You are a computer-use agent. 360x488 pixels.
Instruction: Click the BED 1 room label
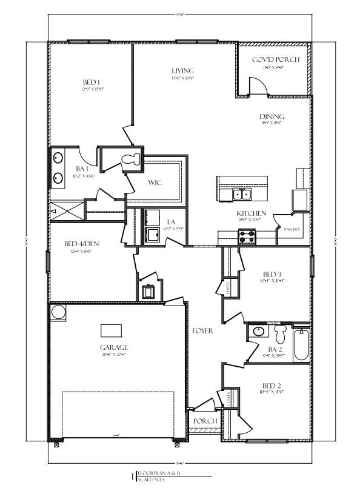click(91, 82)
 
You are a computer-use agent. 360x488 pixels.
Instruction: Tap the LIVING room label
click(182, 71)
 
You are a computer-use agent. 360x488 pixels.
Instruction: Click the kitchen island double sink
click(242, 194)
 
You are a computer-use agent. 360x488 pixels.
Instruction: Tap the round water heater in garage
click(58, 313)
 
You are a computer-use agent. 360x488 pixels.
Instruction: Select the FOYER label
click(202, 331)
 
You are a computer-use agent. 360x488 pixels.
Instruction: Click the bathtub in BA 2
click(301, 346)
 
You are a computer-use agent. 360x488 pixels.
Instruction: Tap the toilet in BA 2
click(280, 334)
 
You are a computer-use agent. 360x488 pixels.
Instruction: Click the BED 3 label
click(273, 273)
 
